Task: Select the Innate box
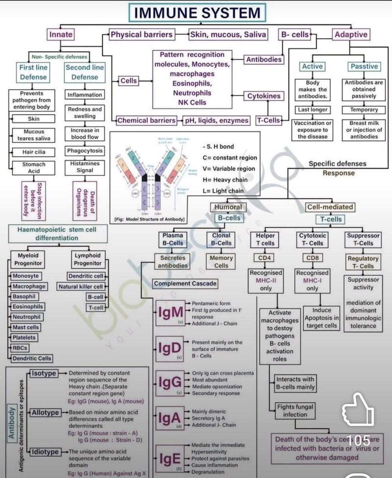click(61, 35)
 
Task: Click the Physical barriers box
click(142, 35)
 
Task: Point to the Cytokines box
click(264, 96)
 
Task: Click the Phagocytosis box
click(84, 151)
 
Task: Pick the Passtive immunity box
click(364, 67)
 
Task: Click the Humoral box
click(228, 207)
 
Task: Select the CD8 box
click(312, 258)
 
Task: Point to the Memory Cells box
click(221, 261)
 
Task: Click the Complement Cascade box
click(185, 284)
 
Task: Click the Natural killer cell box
click(81, 286)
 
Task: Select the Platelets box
click(24, 337)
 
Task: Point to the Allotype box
click(45, 412)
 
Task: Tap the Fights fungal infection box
click(295, 411)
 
